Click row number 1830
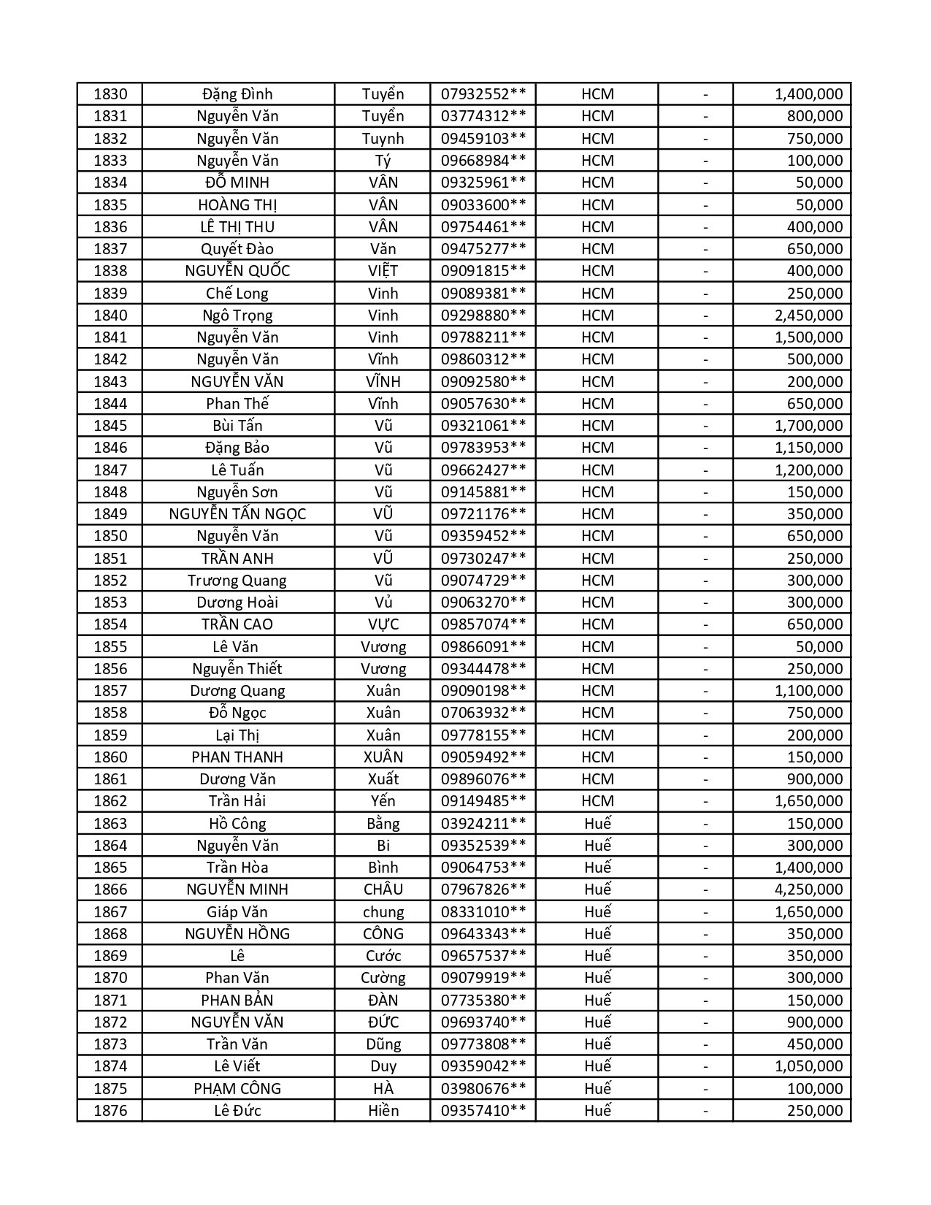tap(110, 94)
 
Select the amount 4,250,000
tap(808, 890)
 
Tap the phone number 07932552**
tap(483, 94)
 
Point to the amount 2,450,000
tap(808, 315)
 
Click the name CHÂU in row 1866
tap(383, 890)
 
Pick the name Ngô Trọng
tap(237, 315)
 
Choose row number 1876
tap(110, 1111)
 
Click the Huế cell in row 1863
tap(597, 824)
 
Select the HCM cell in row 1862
tap(597, 801)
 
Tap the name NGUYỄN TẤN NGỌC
tap(237, 514)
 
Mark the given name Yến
tap(383, 801)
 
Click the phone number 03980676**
tap(483, 1089)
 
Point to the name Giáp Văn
tap(237, 912)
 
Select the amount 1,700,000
tap(808, 426)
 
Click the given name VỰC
tap(383, 624)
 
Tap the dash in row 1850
tap(705, 536)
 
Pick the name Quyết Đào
tap(237, 249)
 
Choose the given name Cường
tap(383, 978)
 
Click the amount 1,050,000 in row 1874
tap(808, 1066)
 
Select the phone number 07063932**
tap(483, 713)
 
